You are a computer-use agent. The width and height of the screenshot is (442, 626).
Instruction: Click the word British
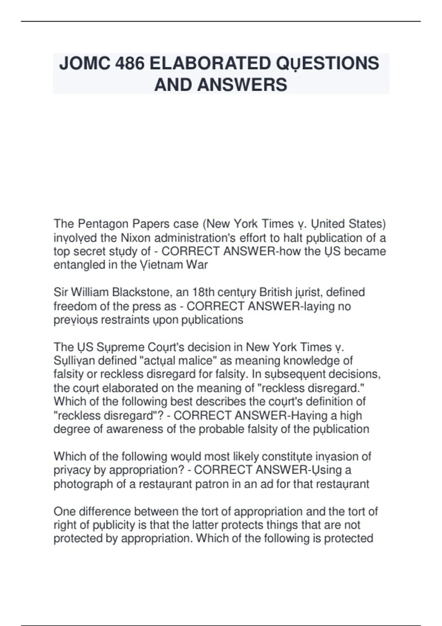tap(276, 292)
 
